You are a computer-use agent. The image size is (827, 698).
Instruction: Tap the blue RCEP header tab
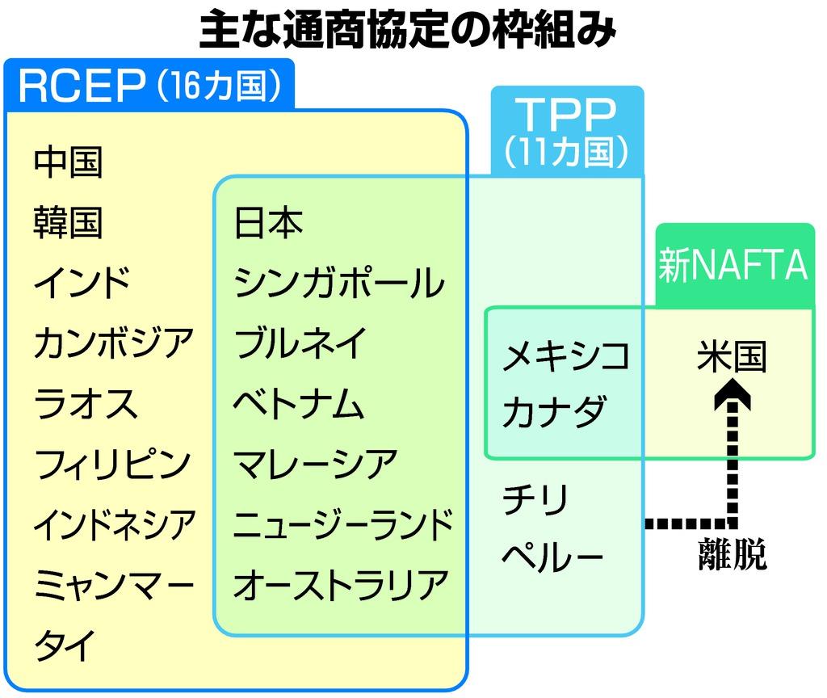point(149,86)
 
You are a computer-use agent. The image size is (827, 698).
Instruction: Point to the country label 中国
point(69,162)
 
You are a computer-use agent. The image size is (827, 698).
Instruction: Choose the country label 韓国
point(69,222)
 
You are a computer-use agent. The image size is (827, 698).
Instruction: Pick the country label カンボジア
point(114,343)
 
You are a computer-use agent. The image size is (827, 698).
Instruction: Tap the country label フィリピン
point(113,463)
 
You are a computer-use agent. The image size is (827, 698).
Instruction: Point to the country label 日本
point(269,222)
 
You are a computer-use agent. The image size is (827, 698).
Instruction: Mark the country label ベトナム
point(299,403)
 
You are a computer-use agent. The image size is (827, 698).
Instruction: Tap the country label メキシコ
point(565,356)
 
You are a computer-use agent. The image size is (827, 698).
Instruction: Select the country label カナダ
point(553,412)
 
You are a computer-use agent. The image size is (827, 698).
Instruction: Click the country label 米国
point(732,356)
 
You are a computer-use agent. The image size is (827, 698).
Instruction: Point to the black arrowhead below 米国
point(733,396)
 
